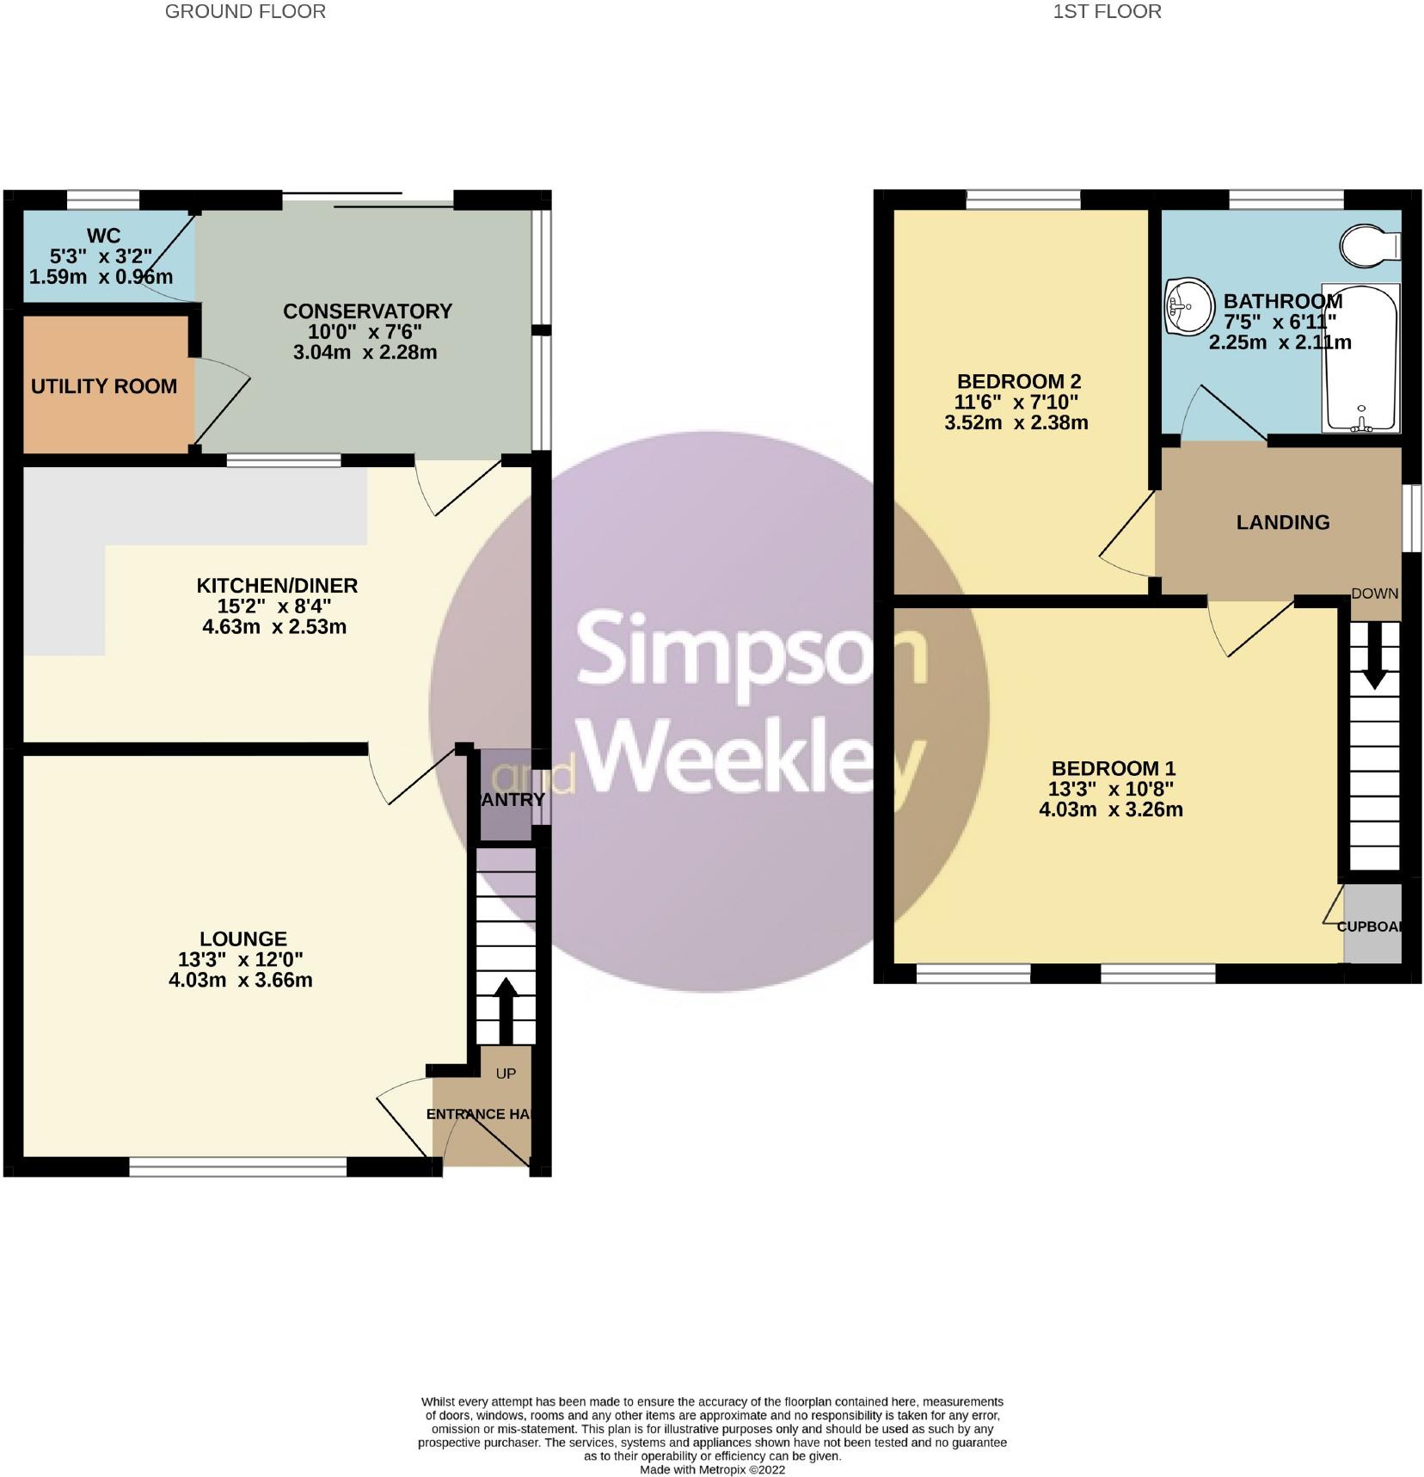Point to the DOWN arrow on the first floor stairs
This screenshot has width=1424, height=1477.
1374,656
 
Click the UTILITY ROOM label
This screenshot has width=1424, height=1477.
104,386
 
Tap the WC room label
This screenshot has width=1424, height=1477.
103,236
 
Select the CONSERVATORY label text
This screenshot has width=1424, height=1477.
367,311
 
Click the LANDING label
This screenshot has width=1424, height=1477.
1283,522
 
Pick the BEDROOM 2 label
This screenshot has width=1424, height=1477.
1019,381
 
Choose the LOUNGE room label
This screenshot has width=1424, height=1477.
243,939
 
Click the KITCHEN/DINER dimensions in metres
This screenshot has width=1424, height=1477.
274,627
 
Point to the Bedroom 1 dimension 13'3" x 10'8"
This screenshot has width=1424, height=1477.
1111,789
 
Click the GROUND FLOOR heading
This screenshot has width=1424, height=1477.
245,11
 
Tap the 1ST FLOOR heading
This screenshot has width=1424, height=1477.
1108,11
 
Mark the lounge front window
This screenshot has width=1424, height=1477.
238,1166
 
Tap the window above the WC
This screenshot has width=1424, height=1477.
103,200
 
